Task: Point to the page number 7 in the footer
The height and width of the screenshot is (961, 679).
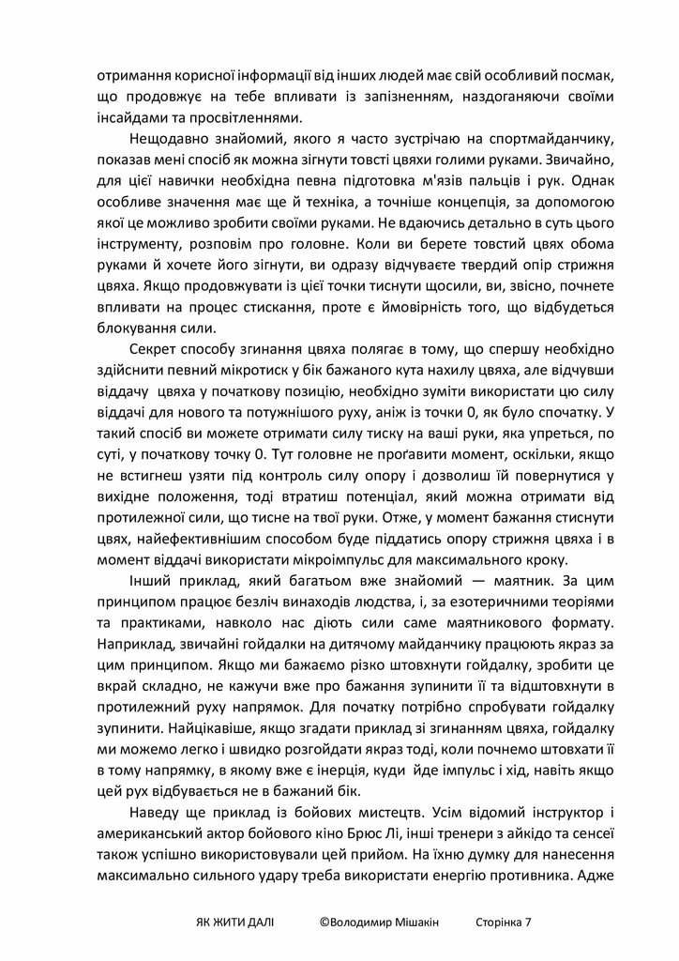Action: (x=528, y=922)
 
